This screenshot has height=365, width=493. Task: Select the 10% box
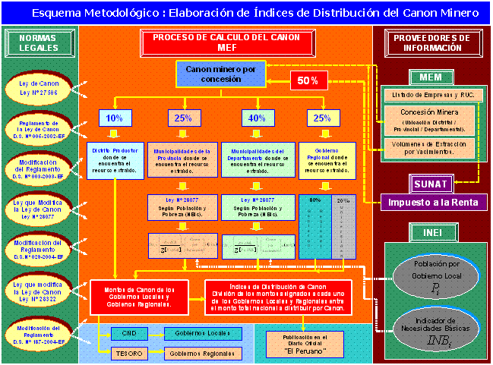(x=114, y=118)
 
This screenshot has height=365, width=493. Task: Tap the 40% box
(x=257, y=118)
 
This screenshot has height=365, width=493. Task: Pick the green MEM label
(x=431, y=77)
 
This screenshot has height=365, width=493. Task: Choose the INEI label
(x=431, y=231)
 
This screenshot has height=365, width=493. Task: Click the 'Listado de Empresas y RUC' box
(x=431, y=95)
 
